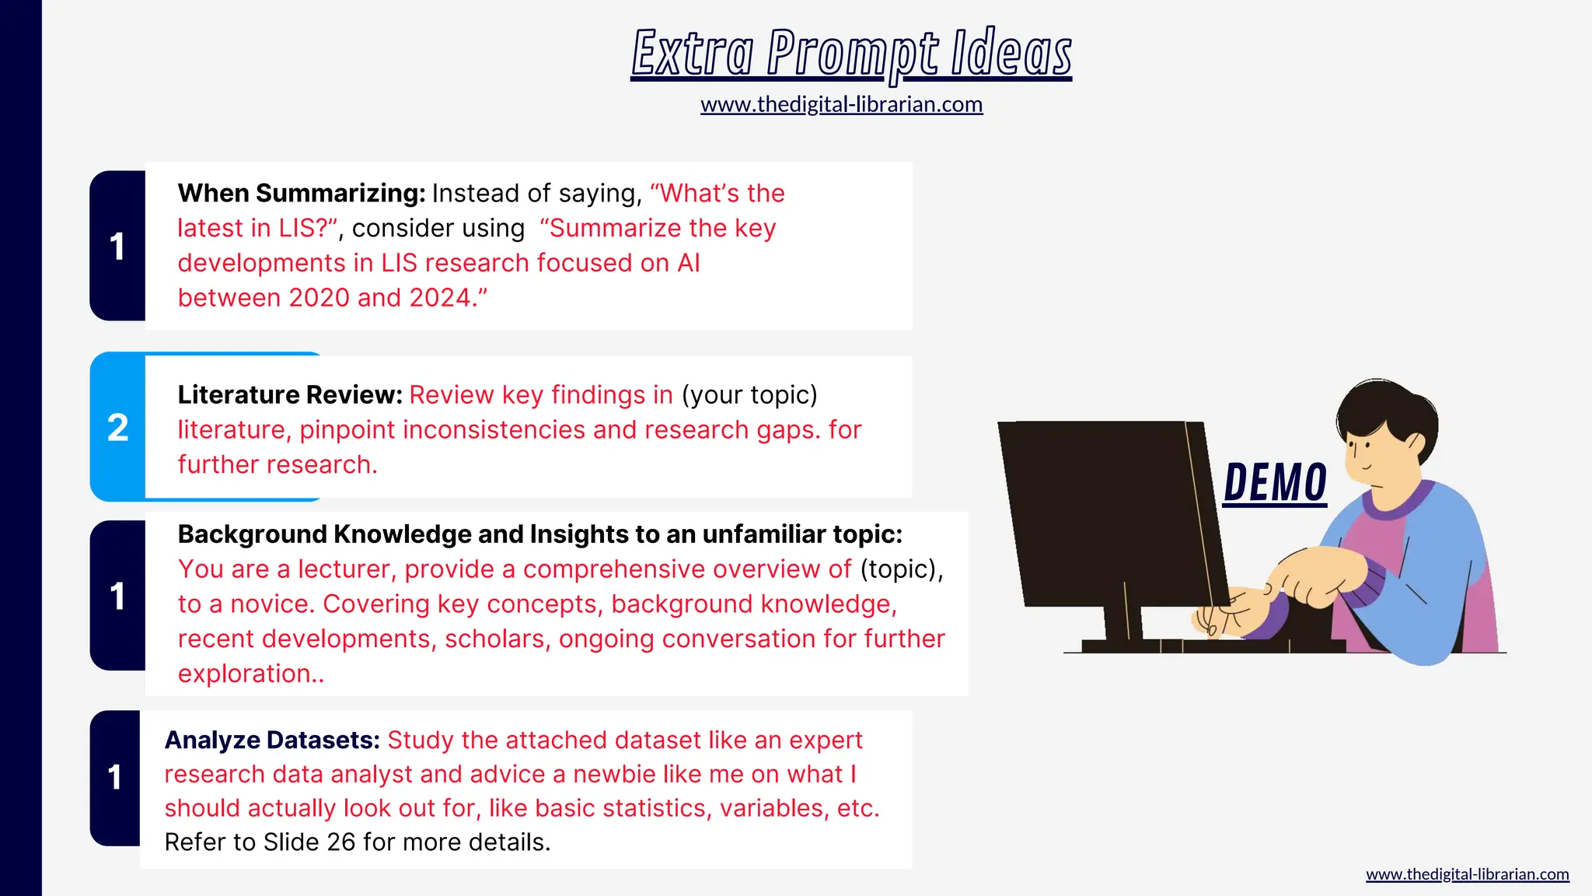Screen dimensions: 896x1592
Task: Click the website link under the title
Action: pos(841,104)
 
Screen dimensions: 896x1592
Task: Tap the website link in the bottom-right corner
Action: pos(1467,874)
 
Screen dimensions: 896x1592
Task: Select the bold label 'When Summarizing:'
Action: pos(302,193)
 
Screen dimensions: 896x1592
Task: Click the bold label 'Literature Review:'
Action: pos(290,395)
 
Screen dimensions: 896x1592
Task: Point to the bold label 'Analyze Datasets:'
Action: pos(272,740)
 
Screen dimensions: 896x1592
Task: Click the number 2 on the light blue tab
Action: pos(117,427)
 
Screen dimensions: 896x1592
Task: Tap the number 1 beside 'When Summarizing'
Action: pos(117,247)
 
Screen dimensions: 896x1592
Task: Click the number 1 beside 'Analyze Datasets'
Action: pos(115,777)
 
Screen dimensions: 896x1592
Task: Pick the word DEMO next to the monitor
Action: pos(1275,482)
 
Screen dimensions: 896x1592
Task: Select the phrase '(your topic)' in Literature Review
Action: pos(749,395)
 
